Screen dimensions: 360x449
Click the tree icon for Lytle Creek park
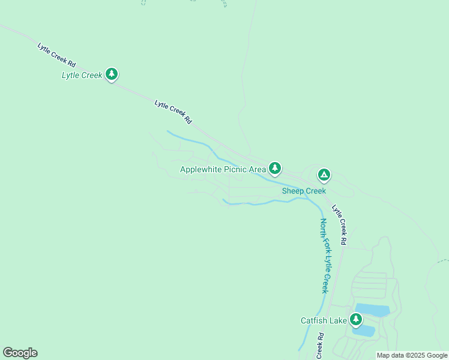coord(112,74)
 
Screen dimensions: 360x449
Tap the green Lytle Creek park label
coord(82,76)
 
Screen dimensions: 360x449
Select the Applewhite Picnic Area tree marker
coord(275,167)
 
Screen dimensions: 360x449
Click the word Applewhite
coord(201,170)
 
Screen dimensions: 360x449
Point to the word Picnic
coord(235,170)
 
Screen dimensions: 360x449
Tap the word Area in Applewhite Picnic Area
coord(257,170)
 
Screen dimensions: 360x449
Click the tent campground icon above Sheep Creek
coord(324,175)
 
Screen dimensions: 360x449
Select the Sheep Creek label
coord(304,191)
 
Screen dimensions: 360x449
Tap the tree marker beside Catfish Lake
coord(357,319)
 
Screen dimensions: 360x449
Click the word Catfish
coord(315,320)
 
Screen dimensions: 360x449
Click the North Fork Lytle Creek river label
coord(324,256)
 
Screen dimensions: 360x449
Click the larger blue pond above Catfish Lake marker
coord(373,310)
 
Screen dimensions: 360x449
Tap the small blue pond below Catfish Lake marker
coord(365,331)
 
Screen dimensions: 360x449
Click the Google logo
coord(20,353)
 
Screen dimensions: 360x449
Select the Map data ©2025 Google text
coord(412,355)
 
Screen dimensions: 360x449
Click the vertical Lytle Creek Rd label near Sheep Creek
coord(340,225)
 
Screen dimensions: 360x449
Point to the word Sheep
coord(294,191)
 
